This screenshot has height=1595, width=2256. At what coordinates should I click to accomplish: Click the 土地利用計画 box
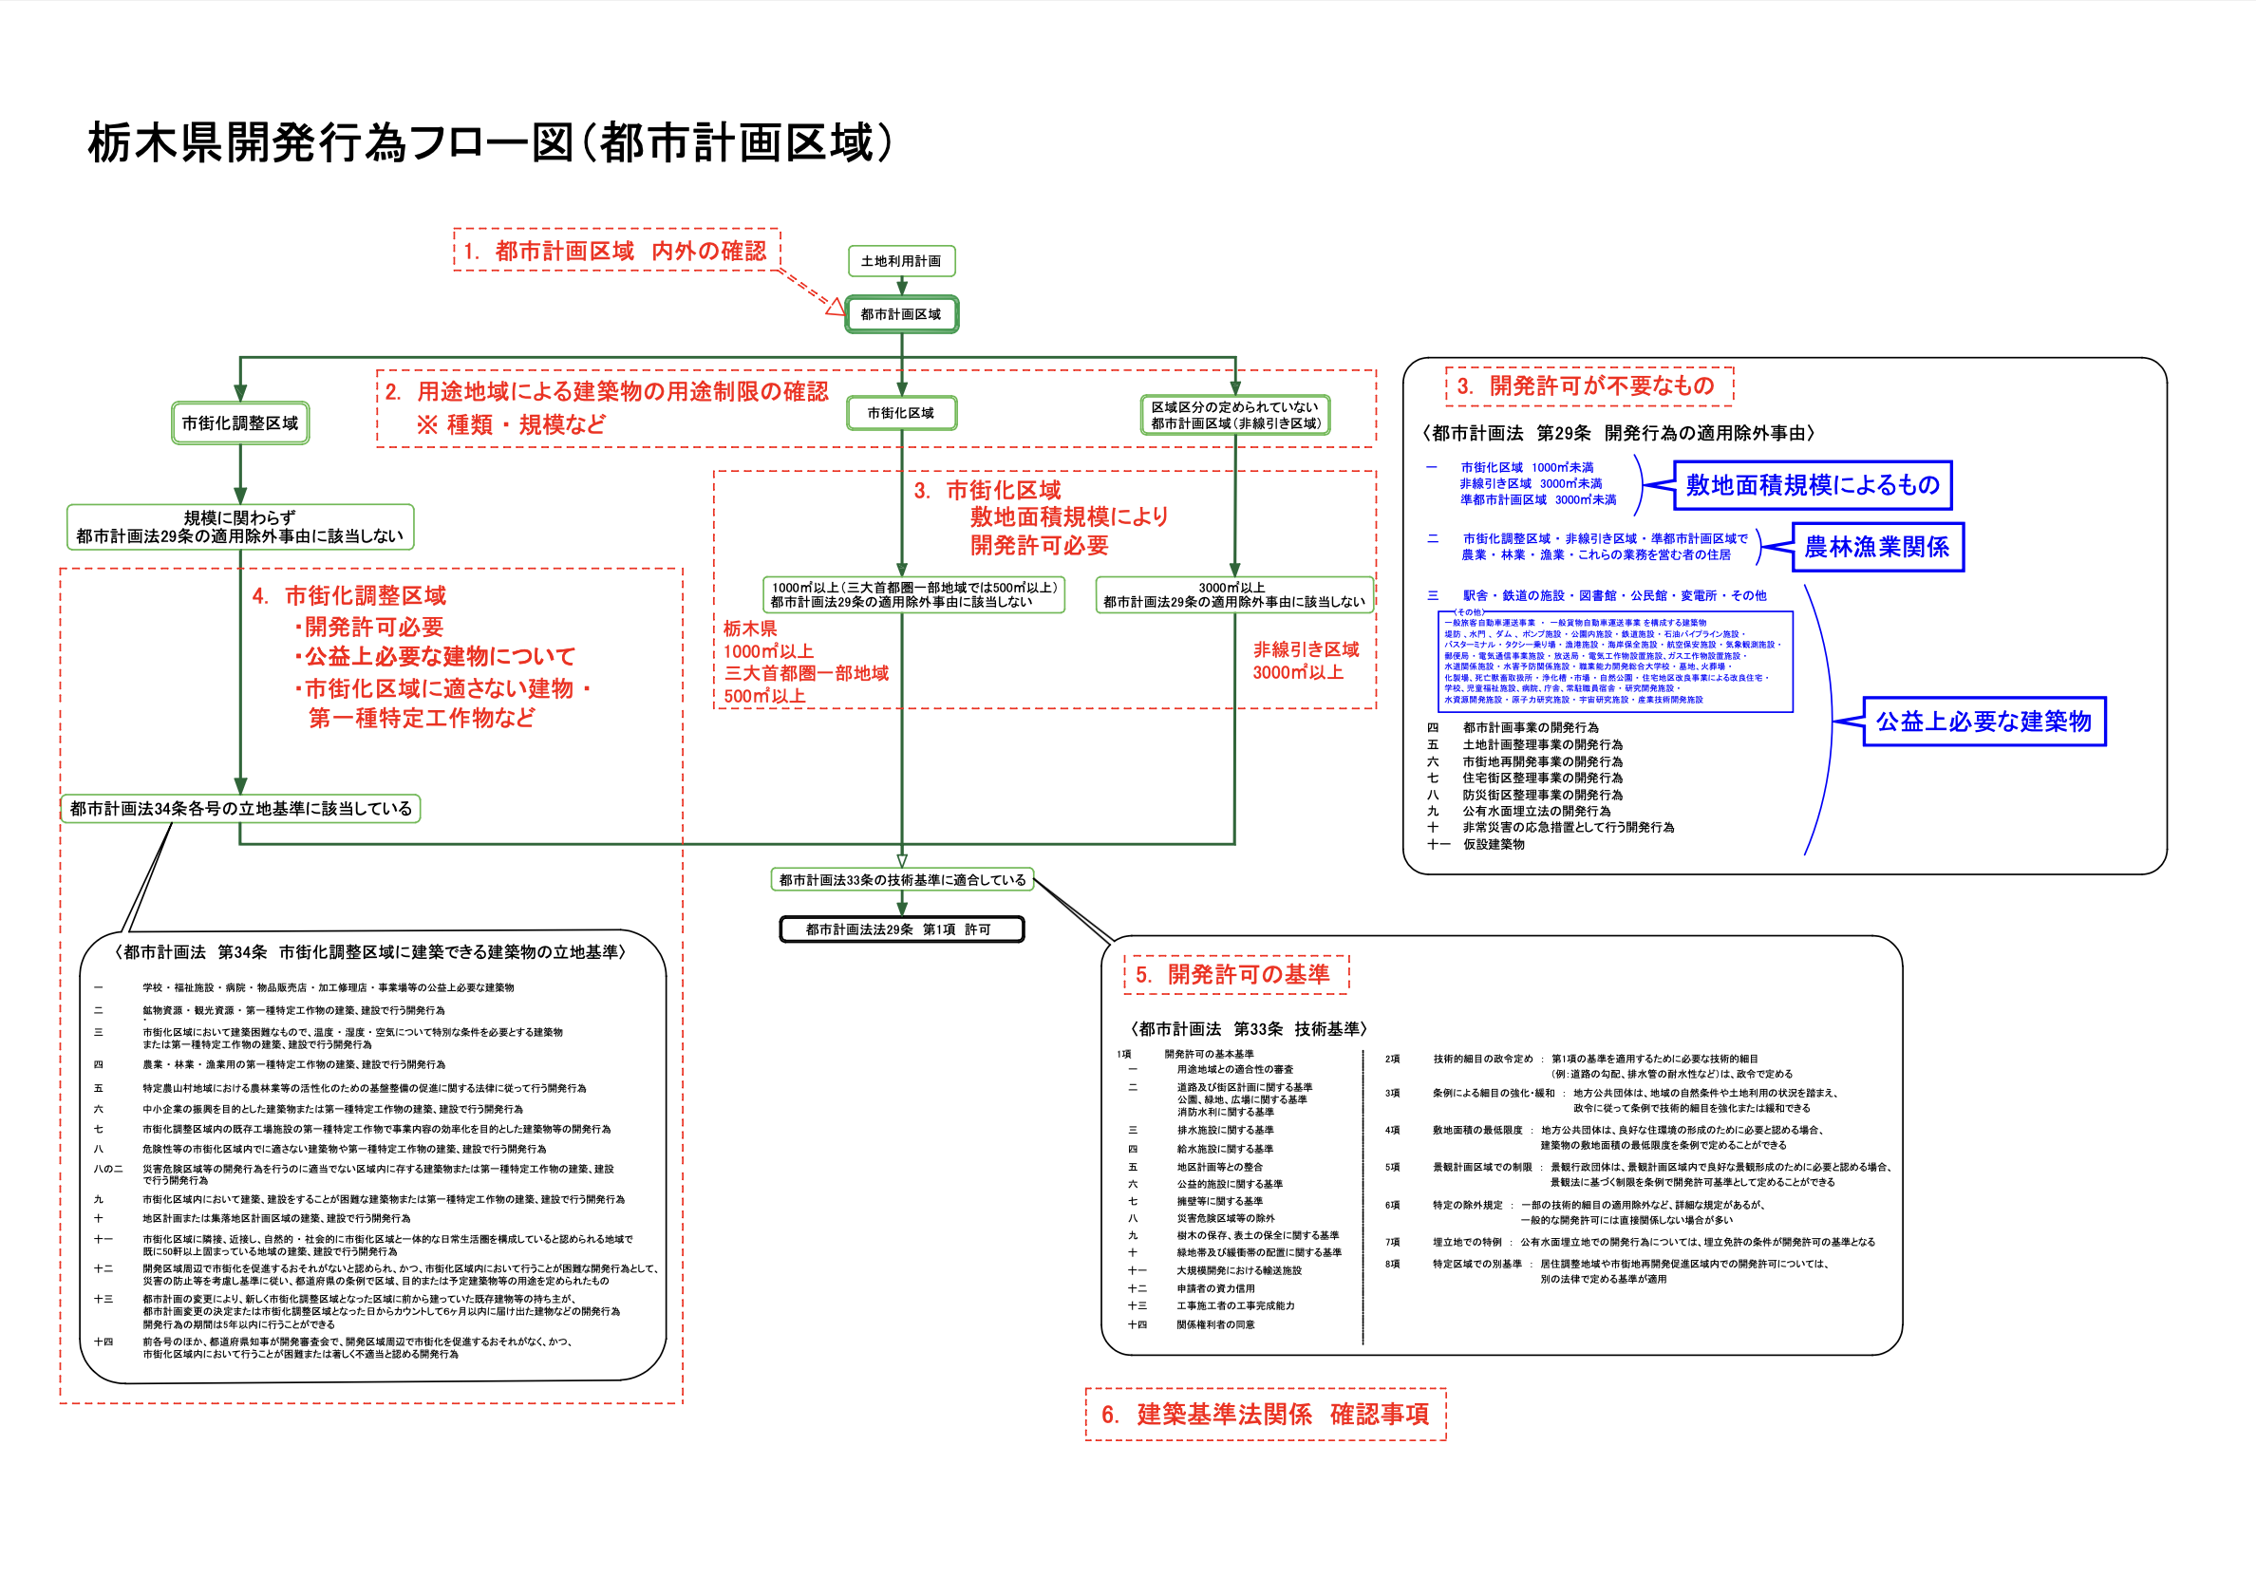[901, 261]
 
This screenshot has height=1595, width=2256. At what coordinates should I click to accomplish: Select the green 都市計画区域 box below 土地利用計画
[901, 314]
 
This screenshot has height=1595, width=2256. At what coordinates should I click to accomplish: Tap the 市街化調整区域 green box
[240, 423]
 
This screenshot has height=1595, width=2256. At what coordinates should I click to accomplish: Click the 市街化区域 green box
[901, 414]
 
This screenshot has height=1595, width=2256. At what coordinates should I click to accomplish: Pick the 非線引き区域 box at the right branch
[1235, 415]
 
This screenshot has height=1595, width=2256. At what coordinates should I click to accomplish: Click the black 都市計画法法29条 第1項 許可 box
[901, 929]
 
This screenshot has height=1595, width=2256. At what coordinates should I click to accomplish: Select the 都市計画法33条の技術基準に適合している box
[902, 879]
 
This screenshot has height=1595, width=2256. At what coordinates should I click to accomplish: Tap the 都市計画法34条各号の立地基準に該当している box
[241, 809]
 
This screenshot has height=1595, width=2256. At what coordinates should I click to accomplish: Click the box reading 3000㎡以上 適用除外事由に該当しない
[1234, 594]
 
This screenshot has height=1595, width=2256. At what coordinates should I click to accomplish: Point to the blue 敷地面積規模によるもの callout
[1812, 485]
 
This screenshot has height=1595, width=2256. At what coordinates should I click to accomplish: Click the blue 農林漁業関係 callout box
[1877, 548]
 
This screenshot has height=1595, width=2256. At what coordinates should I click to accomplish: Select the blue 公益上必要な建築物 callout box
[1983, 722]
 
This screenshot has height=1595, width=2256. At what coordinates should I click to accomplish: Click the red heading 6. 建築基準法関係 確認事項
[1266, 1415]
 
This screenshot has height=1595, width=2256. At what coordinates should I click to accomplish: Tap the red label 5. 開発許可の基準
[1235, 974]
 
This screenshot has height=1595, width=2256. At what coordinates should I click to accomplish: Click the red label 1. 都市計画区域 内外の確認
[616, 251]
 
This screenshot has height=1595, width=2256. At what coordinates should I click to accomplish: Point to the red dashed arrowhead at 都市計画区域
[835, 308]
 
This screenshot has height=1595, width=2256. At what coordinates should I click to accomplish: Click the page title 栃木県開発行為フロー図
[491, 143]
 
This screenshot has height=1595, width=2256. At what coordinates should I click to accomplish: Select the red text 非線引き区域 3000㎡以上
[1305, 661]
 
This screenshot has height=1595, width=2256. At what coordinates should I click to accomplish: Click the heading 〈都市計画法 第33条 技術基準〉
[1248, 1029]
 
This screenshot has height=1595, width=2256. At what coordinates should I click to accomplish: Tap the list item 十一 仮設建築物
[1478, 844]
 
